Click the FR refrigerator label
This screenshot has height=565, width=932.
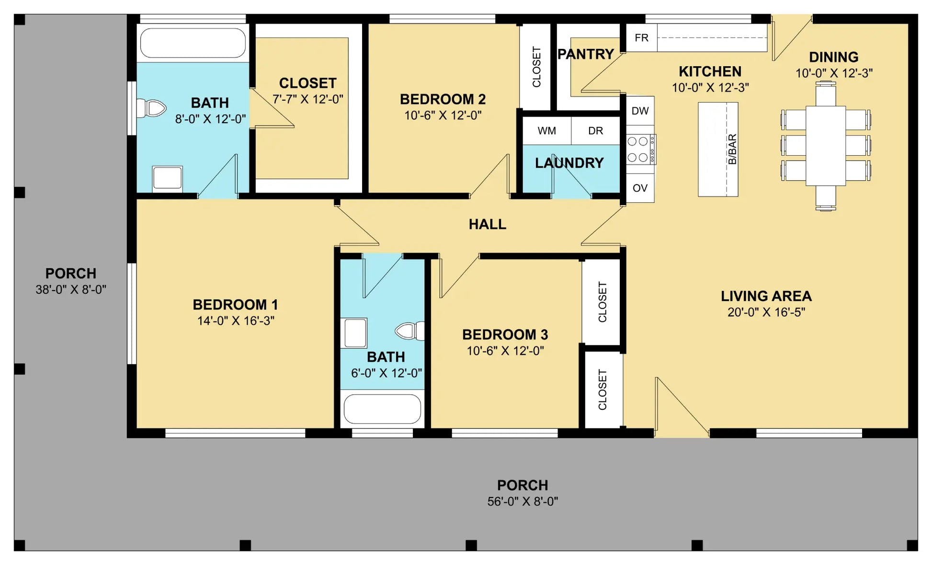point(641,38)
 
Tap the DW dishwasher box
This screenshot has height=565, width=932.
point(640,111)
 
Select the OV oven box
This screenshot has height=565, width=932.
point(640,188)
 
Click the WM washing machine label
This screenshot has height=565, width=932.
point(546,131)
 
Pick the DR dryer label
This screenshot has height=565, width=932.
point(595,131)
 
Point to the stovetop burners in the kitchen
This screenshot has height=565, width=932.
point(640,150)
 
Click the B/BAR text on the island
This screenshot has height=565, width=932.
point(732,150)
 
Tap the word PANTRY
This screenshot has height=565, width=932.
point(586,54)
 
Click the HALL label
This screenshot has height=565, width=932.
point(487,224)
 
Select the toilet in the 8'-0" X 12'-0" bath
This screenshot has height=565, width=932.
point(151,108)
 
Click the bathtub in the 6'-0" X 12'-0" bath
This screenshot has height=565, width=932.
point(382,409)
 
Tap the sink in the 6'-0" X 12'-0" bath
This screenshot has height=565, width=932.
point(355,333)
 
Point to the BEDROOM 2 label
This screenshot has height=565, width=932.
point(443,99)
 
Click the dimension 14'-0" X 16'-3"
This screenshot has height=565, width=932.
point(236,321)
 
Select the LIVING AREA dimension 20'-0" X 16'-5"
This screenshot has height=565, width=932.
point(766,312)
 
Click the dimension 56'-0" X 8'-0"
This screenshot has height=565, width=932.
point(523,501)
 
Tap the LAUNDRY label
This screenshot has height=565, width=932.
point(569,163)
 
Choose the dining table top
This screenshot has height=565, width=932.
point(826,145)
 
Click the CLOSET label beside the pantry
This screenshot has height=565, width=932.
point(536,67)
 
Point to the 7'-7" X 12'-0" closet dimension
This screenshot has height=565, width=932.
point(308,99)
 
